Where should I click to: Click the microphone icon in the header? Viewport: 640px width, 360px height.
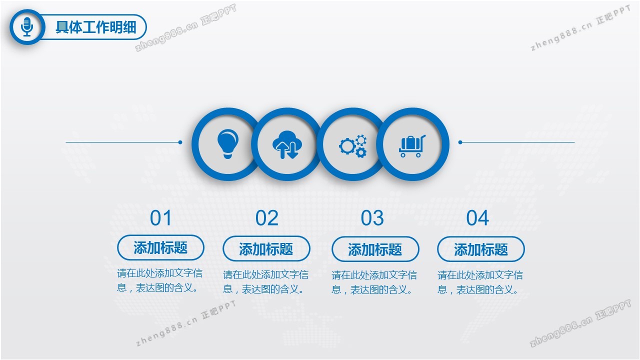[x=27, y=27]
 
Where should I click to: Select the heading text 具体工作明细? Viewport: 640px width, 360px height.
[x=95, y=27]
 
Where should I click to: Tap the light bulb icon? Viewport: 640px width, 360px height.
[x=227, y=143]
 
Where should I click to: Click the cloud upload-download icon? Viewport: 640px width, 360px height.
[x=287, y=144]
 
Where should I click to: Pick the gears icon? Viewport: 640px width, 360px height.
[x=353, y=145]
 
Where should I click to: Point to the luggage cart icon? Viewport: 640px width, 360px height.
[x=412, y=146]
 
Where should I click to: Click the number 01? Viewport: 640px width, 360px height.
[x=161, y=218]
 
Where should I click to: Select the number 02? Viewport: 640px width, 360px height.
[x=266, y=218]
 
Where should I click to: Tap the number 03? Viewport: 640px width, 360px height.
[x=372, y=218]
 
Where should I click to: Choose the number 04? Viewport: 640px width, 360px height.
[x=477, y=218]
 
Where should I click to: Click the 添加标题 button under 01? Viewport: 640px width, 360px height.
[x=160, y=247]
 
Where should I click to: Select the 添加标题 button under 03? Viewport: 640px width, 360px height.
[x=375, y=249]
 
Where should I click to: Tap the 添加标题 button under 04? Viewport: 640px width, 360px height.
[x=481, y=249]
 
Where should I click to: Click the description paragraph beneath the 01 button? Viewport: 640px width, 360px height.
[x=159, y=280]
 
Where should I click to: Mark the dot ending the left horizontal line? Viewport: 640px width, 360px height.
[x=180, y=142]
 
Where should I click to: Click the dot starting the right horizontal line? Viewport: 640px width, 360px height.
[x=460, y=142]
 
